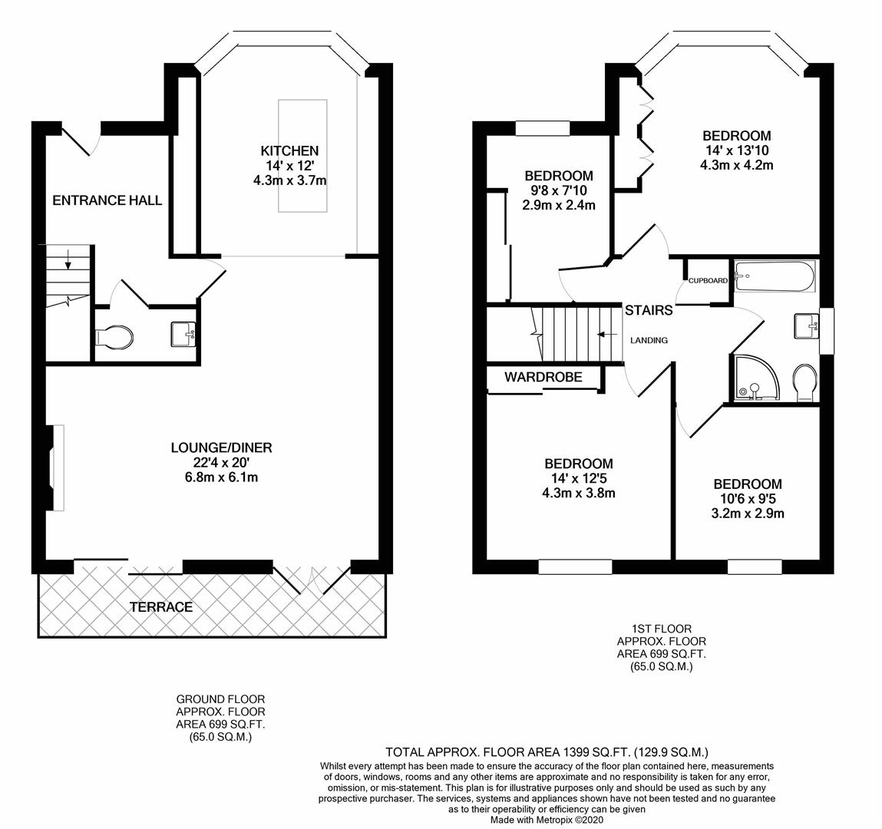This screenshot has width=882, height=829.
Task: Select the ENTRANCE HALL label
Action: pyautogui.click(x=107, y=200)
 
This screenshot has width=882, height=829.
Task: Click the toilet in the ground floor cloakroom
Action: pyautogui.click(x=115, y=336)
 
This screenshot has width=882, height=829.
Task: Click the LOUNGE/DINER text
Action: pyautogui.click(x=221, y=448)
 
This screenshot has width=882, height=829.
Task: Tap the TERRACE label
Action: pyautogui.click(x=161, y=606)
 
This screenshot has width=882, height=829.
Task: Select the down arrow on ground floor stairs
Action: pyautogui.click(x=68, y=260)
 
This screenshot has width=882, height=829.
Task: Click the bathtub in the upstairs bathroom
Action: pyautogui.click(x=773, y=276)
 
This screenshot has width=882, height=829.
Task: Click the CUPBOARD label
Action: pyautogui.click(x=708, y=281)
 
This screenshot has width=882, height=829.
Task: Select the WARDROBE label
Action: pyautogui.click(x=543, y=377)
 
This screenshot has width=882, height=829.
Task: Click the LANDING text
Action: pyautogui.click(x=649, y=340)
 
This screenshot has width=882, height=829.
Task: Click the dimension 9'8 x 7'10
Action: pyautogui.click(x=559, y=190)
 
